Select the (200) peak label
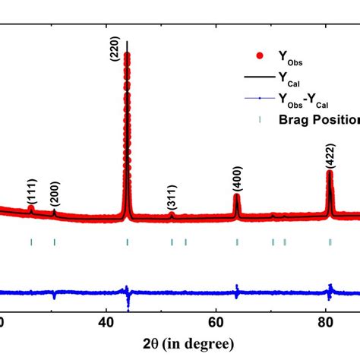pyautogui.click(x=55, y=197)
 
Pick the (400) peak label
pyautogui.click(x=236, y=181)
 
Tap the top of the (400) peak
pyautogui.click(x=237, y=196)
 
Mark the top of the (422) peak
pyautogui.click(x=330, y=172)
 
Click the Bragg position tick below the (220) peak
pyautogui.click(x=127, y=242)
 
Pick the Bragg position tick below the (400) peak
pyautogui.click(x=237, y=242)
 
